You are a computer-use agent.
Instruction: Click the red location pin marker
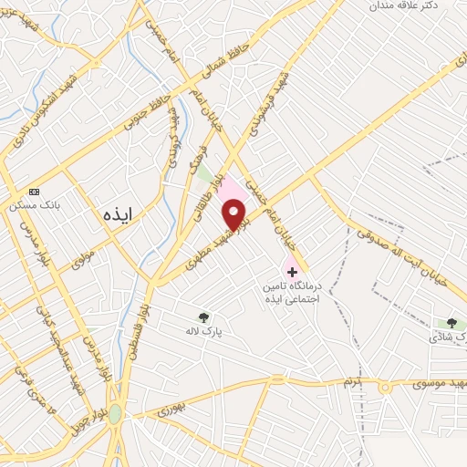[x=235, y=215]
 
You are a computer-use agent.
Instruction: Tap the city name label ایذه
[x=118, y=214]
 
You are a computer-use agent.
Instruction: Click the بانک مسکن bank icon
[x=35, y=192]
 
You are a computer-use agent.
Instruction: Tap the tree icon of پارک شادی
[x=451, y=323]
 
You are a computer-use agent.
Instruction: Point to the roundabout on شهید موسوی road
[x=383, y=387]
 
